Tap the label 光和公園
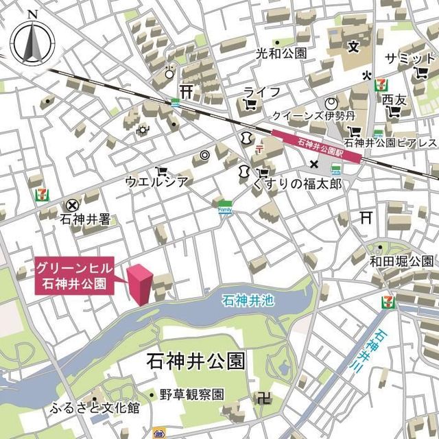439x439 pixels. pyautogui.click(x=281, y=53)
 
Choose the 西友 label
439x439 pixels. pyautogui.click(x=394, y=101)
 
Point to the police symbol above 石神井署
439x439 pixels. pyautogui.click(x=71, y=204)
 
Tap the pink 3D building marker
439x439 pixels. pyautogui.click(x=141, y=284)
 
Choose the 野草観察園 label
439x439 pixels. pyautogui.click(x=192, y=394)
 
